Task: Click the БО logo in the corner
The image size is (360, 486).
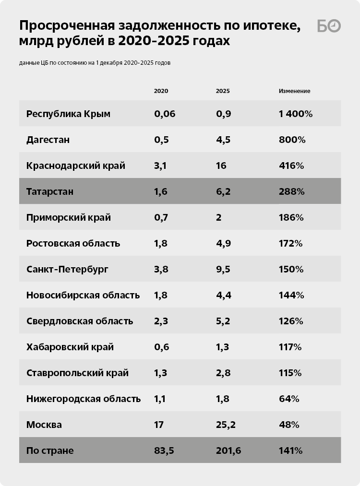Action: [x=329, y=26]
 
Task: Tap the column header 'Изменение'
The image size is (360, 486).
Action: [x=294, y=91]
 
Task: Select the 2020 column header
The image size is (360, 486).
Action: [x=161, y=91]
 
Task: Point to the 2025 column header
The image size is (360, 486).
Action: [x=223, y=91]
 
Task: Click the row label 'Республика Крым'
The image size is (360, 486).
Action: [x=68, y=114]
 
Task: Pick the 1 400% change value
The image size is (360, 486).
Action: [x=296, y=114]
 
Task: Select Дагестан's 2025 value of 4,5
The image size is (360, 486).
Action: [x=223, y=140]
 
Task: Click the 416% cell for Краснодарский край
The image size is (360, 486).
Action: [x=291, y=166]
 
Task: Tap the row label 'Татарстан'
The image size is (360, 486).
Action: [x=50, y=191]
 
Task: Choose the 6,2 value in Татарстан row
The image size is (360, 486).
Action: [x=223, y=191]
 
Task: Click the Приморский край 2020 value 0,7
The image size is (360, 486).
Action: [x=161, y=217]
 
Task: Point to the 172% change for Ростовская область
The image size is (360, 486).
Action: [x=290, y=243]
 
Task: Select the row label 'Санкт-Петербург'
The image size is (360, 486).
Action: [x=67, y=269]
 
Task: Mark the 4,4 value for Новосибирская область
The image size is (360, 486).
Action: [x=224, y=295]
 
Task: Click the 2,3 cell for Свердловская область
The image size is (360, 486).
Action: [x=161, y=321]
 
